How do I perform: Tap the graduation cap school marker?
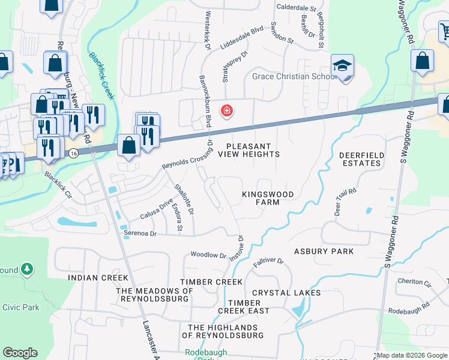(x=343, y=66)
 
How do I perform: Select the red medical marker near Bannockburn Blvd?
(x=228, y=110)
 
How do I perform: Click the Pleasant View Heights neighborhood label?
(x=249, y=150)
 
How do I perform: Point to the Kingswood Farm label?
(x=261, y=198)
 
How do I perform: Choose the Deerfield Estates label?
(x=361, y=159)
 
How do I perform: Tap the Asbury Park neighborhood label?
(x=324, y=251)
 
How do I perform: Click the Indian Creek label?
(x=98, y=278)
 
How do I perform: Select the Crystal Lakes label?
(x=286, y=293)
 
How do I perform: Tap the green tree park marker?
(x=27, y=270)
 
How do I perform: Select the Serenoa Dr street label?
(x=140, y=233)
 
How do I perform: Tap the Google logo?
(x=20, y=353)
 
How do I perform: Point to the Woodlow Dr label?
(x=208, y=255)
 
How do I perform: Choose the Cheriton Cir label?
(x=414, y=282)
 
